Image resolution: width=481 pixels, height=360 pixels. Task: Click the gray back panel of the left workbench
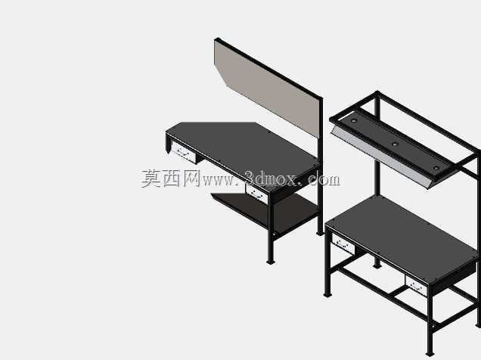pos(266,89)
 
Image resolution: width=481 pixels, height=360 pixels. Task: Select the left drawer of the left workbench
pos(184,151)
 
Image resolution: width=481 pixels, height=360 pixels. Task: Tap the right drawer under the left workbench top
pos(256,193)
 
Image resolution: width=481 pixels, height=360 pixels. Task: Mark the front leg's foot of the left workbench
pos(271,262)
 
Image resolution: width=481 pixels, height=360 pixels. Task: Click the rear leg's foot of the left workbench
pos(320,234)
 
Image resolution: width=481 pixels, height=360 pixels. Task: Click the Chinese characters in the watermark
pos(171,178)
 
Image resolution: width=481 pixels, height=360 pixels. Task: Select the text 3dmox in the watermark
pos(271,178)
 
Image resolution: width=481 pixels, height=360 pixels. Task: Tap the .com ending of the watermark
pos(324,179)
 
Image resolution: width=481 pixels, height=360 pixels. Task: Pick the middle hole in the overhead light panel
pos(395,144)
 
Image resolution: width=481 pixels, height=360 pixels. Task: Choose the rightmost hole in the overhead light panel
pos(436,168)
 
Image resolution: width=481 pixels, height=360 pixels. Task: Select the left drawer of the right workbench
pos(343,244)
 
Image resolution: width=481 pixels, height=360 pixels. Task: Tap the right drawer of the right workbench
pos(416,285)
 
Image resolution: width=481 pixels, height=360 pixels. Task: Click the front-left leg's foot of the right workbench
pos(327,295)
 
